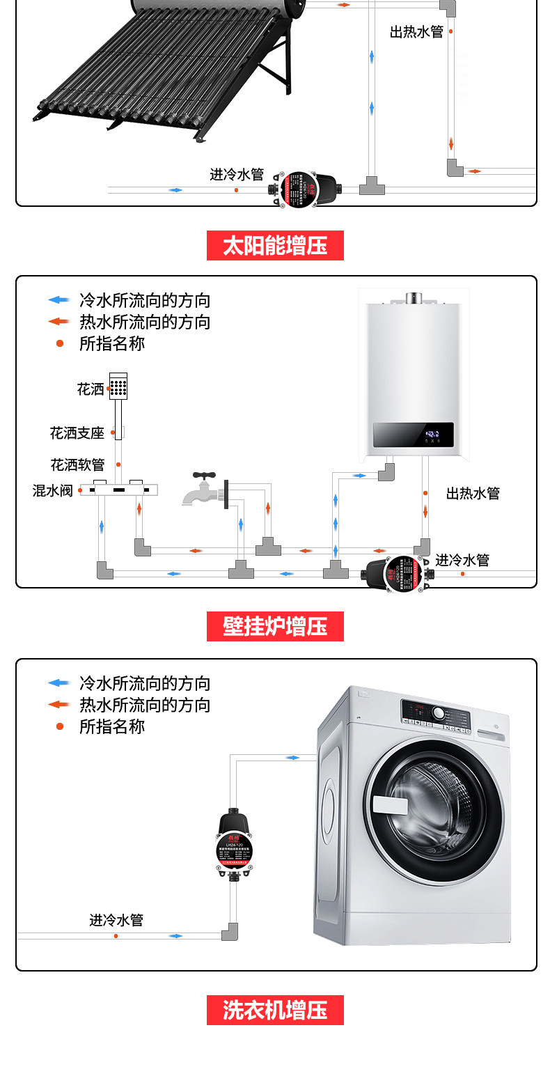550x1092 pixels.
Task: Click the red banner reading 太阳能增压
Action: [275, 246]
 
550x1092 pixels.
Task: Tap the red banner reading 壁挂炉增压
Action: [275, 626]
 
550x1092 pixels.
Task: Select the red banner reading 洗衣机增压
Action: [275, 1010]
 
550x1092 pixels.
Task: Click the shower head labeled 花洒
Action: [118, 386]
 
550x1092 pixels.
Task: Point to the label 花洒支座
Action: [77, 433]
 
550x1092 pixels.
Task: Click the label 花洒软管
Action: [77, 465]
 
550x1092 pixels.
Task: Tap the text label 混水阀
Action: [52, 490]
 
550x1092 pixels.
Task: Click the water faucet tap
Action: [202, 489]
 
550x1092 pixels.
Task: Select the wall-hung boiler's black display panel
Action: [413, 435]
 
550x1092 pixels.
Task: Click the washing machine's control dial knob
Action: [439, 714]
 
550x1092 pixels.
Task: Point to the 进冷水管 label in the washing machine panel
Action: [116, 920]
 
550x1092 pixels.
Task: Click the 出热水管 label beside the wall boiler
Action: [473, 494]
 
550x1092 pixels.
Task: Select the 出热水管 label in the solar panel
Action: [416, 32]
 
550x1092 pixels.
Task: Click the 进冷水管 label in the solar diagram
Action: [237, 174]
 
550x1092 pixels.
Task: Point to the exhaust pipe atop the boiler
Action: [415, 298]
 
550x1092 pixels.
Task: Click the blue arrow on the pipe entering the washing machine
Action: [292, 757]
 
